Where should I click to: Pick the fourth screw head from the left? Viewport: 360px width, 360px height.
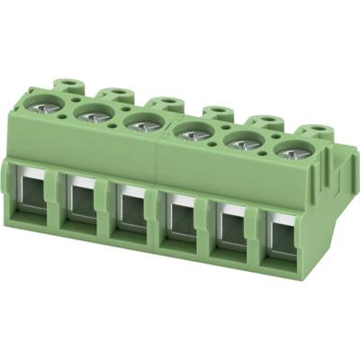191,133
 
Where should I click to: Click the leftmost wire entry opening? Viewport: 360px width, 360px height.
34,200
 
